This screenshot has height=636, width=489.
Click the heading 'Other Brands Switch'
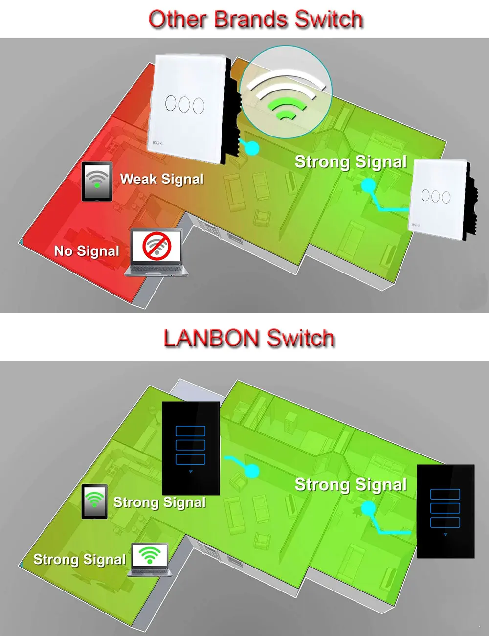[x=255, y=20]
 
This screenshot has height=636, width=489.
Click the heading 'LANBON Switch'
[x=249, y=339]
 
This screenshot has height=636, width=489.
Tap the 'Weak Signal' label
[x=162, y=179]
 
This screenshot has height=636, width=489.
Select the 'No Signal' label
[x=87, y=251]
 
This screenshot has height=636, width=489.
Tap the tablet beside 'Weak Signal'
[x=97, y=182]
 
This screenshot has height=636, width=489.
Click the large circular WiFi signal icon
[x=287, y=91]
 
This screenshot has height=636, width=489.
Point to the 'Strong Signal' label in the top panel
[x=351, y=162]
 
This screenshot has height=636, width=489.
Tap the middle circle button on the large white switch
[x=184, y=104]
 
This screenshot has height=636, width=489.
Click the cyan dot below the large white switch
[x=252, y=147]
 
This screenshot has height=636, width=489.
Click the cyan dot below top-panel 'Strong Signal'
[x=368, y=185]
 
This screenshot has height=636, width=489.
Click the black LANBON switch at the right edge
[x=445, y=511]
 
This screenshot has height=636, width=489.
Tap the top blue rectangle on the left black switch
[x=190, y=431]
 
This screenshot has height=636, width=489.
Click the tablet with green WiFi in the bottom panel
[x=94, y=501]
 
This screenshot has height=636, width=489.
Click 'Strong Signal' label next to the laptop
[x=79, y=559]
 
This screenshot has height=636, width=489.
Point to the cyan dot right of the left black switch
[x=252, y=471]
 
